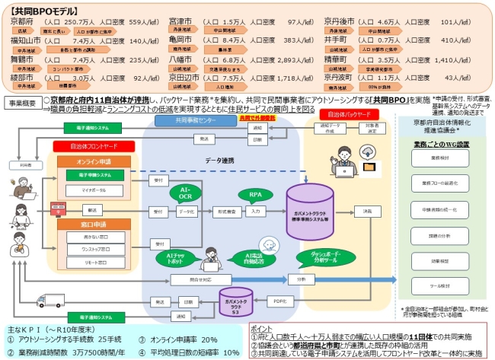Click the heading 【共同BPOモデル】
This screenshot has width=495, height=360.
(x=40, y=11)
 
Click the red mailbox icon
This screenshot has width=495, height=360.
(x=56, y=207)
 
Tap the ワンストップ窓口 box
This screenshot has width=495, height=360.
(x=94, y=249)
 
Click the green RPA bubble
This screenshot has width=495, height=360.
(x=256, y=196)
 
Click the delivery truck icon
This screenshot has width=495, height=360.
(x=46, y=301)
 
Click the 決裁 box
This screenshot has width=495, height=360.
(x=368, y=211)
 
